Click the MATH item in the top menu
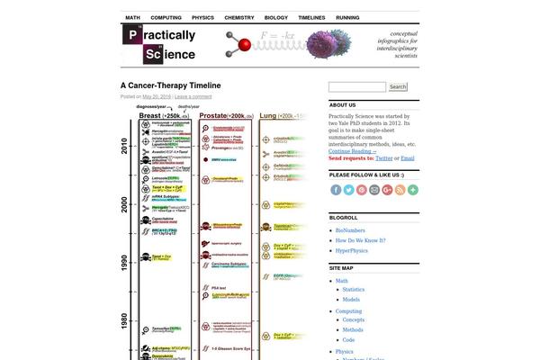[132, 17]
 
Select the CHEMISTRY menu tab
[238, 17]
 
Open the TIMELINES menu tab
[311, 17]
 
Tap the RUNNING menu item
[347, 17]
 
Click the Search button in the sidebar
[399, 87]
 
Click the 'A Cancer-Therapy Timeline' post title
[171, 86]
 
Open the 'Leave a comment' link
[193, 96]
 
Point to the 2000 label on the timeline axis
[126, 204]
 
